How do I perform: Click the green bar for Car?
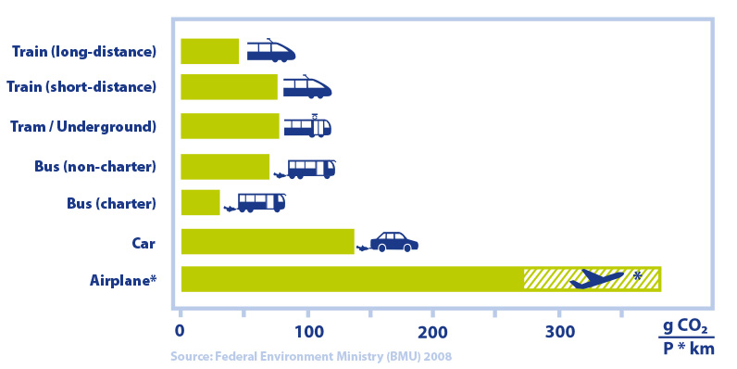pyautogui.click(x=268, y=241)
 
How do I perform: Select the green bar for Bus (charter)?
pyautogui.click(x=200, y=202)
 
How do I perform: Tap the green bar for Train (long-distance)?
pyautogui.click(x=209, y=51)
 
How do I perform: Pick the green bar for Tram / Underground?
pyautogui.click(x=230, y=126)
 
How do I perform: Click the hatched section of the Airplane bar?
pyautogui.click(x=593, y=279)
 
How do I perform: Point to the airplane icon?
pyautogui.click(x=597, y=279)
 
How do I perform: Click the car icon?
pyautogui.click(x=393, y=242)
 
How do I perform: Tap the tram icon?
pyautogui.click(x=307, y=126)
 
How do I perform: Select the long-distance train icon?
pyautogui.click(x=271, y=51)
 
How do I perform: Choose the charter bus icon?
pyautogui.click(x=261, y=203)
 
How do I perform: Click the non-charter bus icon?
pyautogui.click(x=312, y=170)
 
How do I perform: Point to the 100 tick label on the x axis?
pyautogui.click(x=308, y=331)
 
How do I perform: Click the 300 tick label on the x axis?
pyautogui.click(x=559, y=331)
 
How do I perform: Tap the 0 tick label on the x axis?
pyautogui.click(x=181, y=331)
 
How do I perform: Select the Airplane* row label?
pyautogui.click(x=122, y=282)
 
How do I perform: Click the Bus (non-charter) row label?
pyautogui.click(x=95, y=167)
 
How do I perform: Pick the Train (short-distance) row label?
pyautogui.click(x=81, y=87)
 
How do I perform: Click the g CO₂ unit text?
pyautogui.click(x=685, y=327)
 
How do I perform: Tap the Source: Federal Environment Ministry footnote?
pyautogui.click(x=311, y=356)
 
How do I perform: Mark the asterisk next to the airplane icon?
pyautogui.click(x=637, y=276)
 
